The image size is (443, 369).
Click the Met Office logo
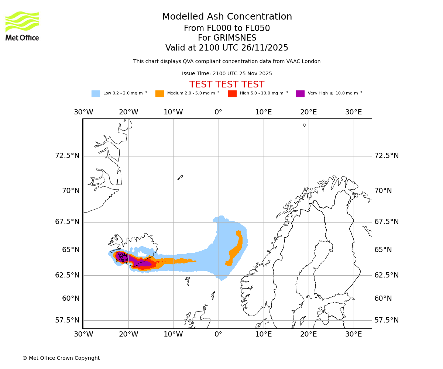(x=22, y=26)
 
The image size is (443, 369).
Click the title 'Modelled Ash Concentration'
(x=227, y=17)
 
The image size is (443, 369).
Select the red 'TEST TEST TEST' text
(x=227, y=85)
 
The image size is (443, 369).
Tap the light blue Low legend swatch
(x=96, y=94)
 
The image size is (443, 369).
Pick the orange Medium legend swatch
(x=159, y=94)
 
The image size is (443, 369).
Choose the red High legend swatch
(x=232, y=94)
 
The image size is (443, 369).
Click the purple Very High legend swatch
(x=300, y=94)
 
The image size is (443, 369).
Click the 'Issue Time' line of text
(x=227, y=73)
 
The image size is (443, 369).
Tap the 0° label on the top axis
(x=219, y=112)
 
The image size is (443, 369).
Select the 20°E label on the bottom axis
(x=308, y=334)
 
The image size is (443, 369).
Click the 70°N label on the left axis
(x=68, y=191)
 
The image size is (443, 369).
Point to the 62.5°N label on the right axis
(x=387, y=275)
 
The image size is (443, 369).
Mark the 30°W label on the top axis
(x=83, y=112)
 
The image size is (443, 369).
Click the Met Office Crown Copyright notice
(x=61, y=358)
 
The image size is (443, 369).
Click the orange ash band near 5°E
(x=237, y=249)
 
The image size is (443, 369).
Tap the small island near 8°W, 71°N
(x=180, y=177)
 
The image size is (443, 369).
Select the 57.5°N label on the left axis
(x=67, y=320)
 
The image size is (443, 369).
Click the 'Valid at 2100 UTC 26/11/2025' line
(x=227, y=48)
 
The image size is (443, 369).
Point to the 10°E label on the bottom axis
(x=264, y=334)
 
